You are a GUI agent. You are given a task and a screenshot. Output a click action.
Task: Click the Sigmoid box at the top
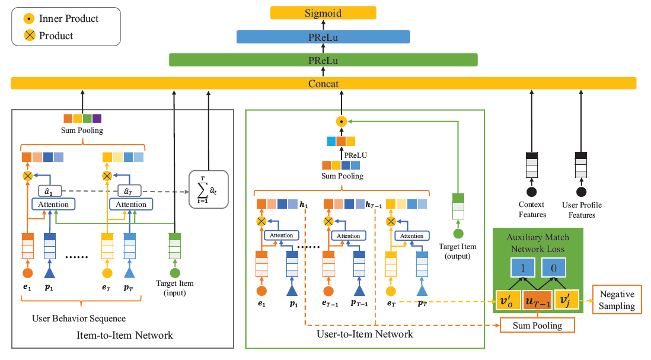[x=323, y=12]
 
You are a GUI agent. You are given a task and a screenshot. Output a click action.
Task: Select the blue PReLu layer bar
[x=323, y=37]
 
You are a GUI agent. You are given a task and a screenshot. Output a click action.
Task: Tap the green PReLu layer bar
[x=323, y=60]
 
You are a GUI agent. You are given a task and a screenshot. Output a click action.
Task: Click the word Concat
[x=323, y=84]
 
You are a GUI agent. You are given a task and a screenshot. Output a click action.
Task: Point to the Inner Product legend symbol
[x=27, y=19]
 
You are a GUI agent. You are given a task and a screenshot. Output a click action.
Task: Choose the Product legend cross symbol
[x=27, y=36]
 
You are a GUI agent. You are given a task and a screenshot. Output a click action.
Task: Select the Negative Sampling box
[x=617, y=300]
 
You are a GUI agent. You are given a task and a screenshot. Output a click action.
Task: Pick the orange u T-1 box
[x=537, y=301]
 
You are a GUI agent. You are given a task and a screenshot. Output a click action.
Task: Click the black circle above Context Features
[x=532, y=192]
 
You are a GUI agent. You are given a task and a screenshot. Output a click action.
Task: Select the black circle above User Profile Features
[x=581, y=192]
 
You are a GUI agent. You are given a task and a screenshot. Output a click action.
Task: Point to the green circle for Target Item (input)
[x=174, y=273]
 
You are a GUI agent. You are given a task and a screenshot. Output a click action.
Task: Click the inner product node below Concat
[x=341, y=122]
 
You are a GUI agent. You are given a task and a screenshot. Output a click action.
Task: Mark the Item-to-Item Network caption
[x=125, y=336]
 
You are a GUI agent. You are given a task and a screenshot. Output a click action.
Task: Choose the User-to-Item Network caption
[x=365, y=334]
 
